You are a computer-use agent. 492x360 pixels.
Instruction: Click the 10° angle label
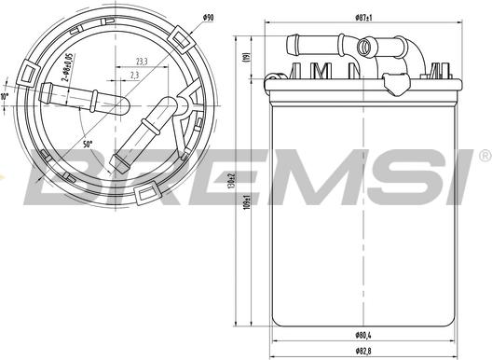pyautogui.click(x=4, y=97)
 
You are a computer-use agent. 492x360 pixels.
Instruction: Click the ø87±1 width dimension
pyautogui.click(x=363, y=18)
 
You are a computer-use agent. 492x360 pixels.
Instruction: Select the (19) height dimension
pyautogui.click(x=247, y=55)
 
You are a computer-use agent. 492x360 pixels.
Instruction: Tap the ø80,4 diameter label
pyautogui.click(x=363, y=335)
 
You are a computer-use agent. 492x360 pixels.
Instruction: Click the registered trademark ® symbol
pyautogui.click(x=485, y=155)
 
